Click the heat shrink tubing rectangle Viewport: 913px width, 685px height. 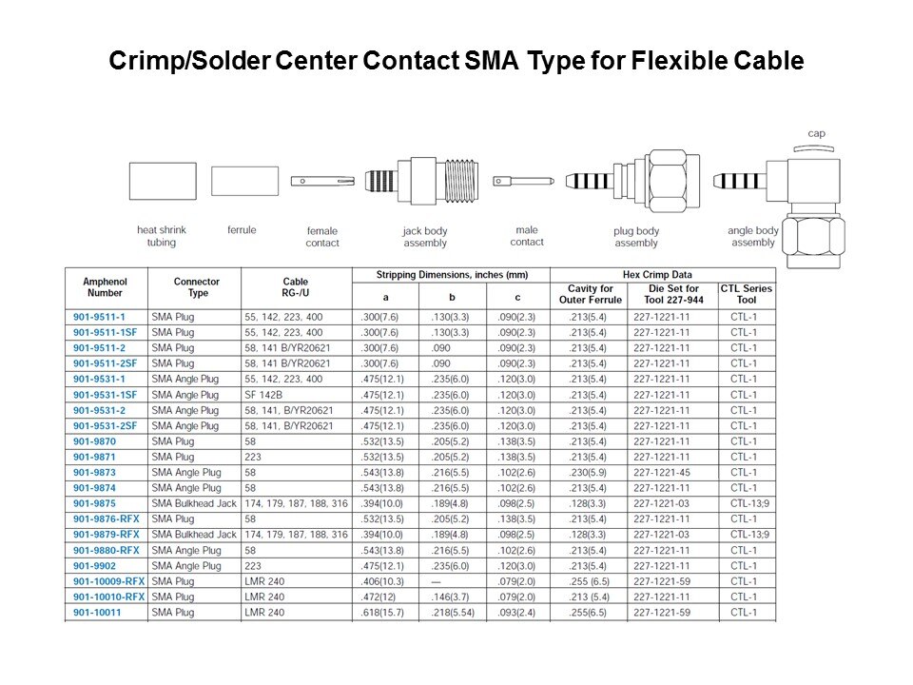163,181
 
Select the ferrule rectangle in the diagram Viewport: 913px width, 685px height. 244,181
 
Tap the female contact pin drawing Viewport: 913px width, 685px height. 322,182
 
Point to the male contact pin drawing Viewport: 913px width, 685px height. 523,182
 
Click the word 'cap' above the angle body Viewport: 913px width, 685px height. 816,133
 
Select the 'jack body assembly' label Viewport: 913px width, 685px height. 425,237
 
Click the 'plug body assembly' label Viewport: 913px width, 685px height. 636,237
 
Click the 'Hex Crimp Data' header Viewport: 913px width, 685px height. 657,274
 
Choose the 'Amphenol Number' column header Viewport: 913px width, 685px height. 105,287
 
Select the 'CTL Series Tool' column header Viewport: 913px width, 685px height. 747,294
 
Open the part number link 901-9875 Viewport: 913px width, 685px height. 94,503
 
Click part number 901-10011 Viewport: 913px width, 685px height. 97,612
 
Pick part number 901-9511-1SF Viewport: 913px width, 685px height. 105,333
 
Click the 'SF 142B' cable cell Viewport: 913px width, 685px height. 263,395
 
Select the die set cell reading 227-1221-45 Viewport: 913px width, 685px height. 662,473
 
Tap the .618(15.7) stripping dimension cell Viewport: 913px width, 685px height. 382,613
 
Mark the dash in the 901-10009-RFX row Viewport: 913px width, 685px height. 437,582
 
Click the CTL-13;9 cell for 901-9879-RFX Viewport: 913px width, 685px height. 750,535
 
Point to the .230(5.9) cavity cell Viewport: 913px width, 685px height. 588,473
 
